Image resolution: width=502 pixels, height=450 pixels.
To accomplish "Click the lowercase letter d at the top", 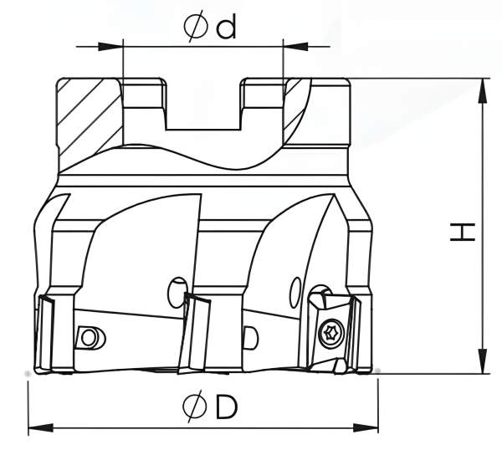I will tap(225, 27).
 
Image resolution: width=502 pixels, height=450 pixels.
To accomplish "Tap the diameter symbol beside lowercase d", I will tap(195, 27).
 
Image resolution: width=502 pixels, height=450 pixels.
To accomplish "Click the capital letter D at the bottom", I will tap(226, 407).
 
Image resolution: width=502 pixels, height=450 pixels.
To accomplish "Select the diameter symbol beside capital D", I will tap(195, 407).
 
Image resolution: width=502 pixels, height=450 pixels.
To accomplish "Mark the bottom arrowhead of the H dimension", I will tap(482, 365).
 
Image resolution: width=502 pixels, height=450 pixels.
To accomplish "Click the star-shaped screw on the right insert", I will tap(330, 331).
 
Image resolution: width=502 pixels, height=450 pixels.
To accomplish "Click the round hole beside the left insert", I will tap(87, 337).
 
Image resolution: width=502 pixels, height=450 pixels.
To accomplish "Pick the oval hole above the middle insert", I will tap(176, 288).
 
